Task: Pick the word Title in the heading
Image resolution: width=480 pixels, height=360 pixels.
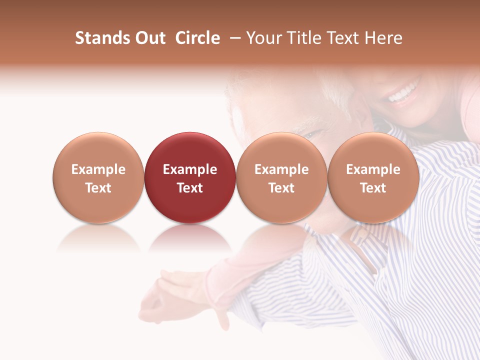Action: tap(301, 38)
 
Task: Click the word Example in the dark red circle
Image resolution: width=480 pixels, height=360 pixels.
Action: tap(190, 169)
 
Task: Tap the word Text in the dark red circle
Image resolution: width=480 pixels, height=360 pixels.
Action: tap(190, 188)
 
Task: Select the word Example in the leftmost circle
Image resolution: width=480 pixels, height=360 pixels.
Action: tap(98, 169)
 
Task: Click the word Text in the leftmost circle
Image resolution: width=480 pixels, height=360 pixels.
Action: tap(98, 188)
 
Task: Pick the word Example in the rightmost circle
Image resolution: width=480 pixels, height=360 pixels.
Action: tap(373, 169)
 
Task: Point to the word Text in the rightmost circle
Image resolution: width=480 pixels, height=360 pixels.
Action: tap(373, 188)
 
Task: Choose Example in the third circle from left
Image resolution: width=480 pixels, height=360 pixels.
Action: tap(281, 169)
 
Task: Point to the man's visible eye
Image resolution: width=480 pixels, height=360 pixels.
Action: tap(313, 133)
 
